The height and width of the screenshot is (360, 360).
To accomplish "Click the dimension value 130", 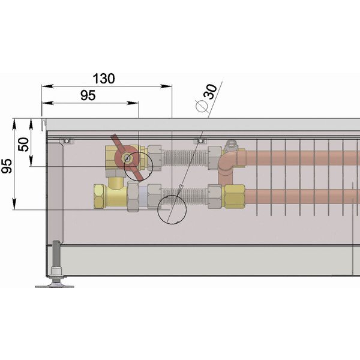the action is click(x=104, y=79).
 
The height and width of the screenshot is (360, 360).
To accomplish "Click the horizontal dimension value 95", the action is click(x=88, y=95).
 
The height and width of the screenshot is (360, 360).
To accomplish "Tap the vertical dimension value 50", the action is click(x=24, y=145).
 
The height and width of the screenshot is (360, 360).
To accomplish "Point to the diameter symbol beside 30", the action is click(x=202, y=106).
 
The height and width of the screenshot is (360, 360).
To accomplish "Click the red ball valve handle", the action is click(x=127, y=158).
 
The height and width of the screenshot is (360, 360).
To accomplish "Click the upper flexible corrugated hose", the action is click(x=185, y=157).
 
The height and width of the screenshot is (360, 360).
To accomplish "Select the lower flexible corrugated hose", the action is click(x=185, y=197).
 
